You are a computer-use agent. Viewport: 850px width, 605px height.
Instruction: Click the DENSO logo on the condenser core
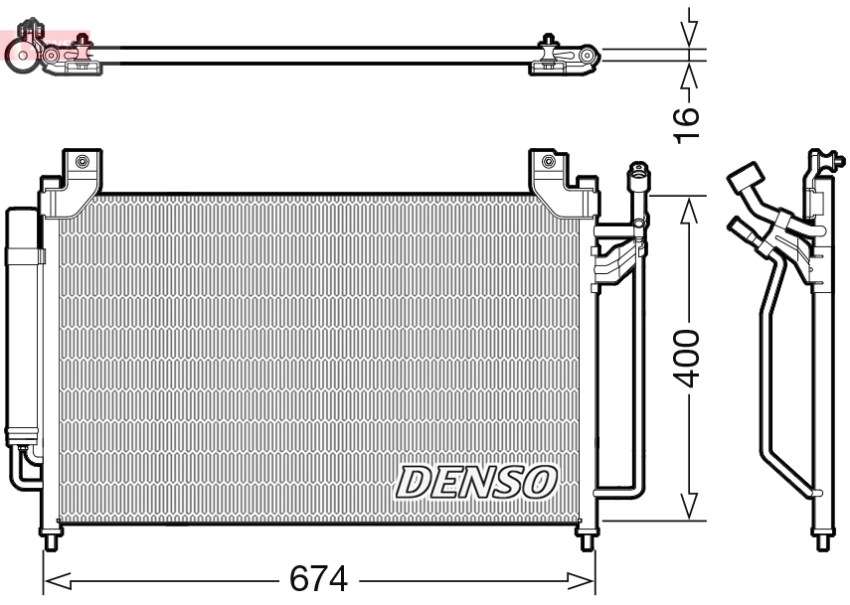click(474, 481)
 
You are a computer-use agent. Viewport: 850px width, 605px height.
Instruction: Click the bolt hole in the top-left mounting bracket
click(82, 162)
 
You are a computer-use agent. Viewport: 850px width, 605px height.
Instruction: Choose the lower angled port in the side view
click(742, 227)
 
